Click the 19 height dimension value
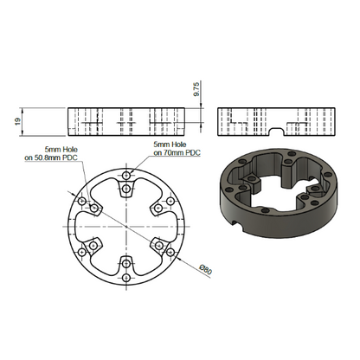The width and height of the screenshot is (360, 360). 18,121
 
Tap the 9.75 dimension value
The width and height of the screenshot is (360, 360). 196,89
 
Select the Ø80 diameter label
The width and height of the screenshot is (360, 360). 206,269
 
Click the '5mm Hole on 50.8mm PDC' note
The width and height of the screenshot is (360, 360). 51,153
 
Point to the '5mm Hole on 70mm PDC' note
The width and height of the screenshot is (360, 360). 177,148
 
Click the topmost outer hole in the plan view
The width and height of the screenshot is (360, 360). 126,175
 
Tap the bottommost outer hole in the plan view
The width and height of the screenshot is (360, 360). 126,278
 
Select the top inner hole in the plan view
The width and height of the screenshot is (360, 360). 126,189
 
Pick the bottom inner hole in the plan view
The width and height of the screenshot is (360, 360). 126,264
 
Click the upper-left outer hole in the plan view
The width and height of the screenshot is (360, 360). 82,201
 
